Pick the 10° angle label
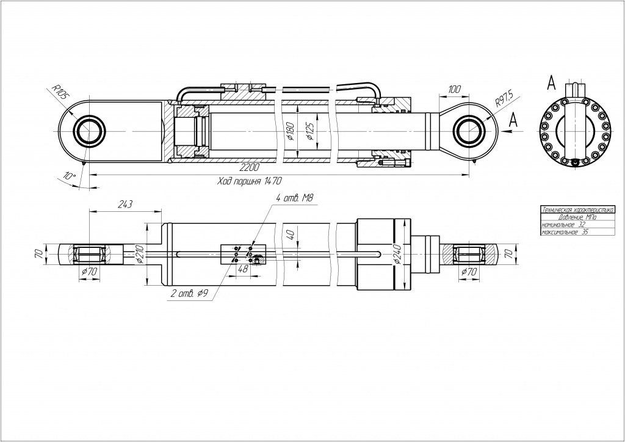click(70, 176)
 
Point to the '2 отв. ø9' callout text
click(189, 294)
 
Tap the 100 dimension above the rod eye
click(454, 90)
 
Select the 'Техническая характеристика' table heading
click(577, 209)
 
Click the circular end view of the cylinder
click(574, 131)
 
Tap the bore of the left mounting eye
click(89, 130)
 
